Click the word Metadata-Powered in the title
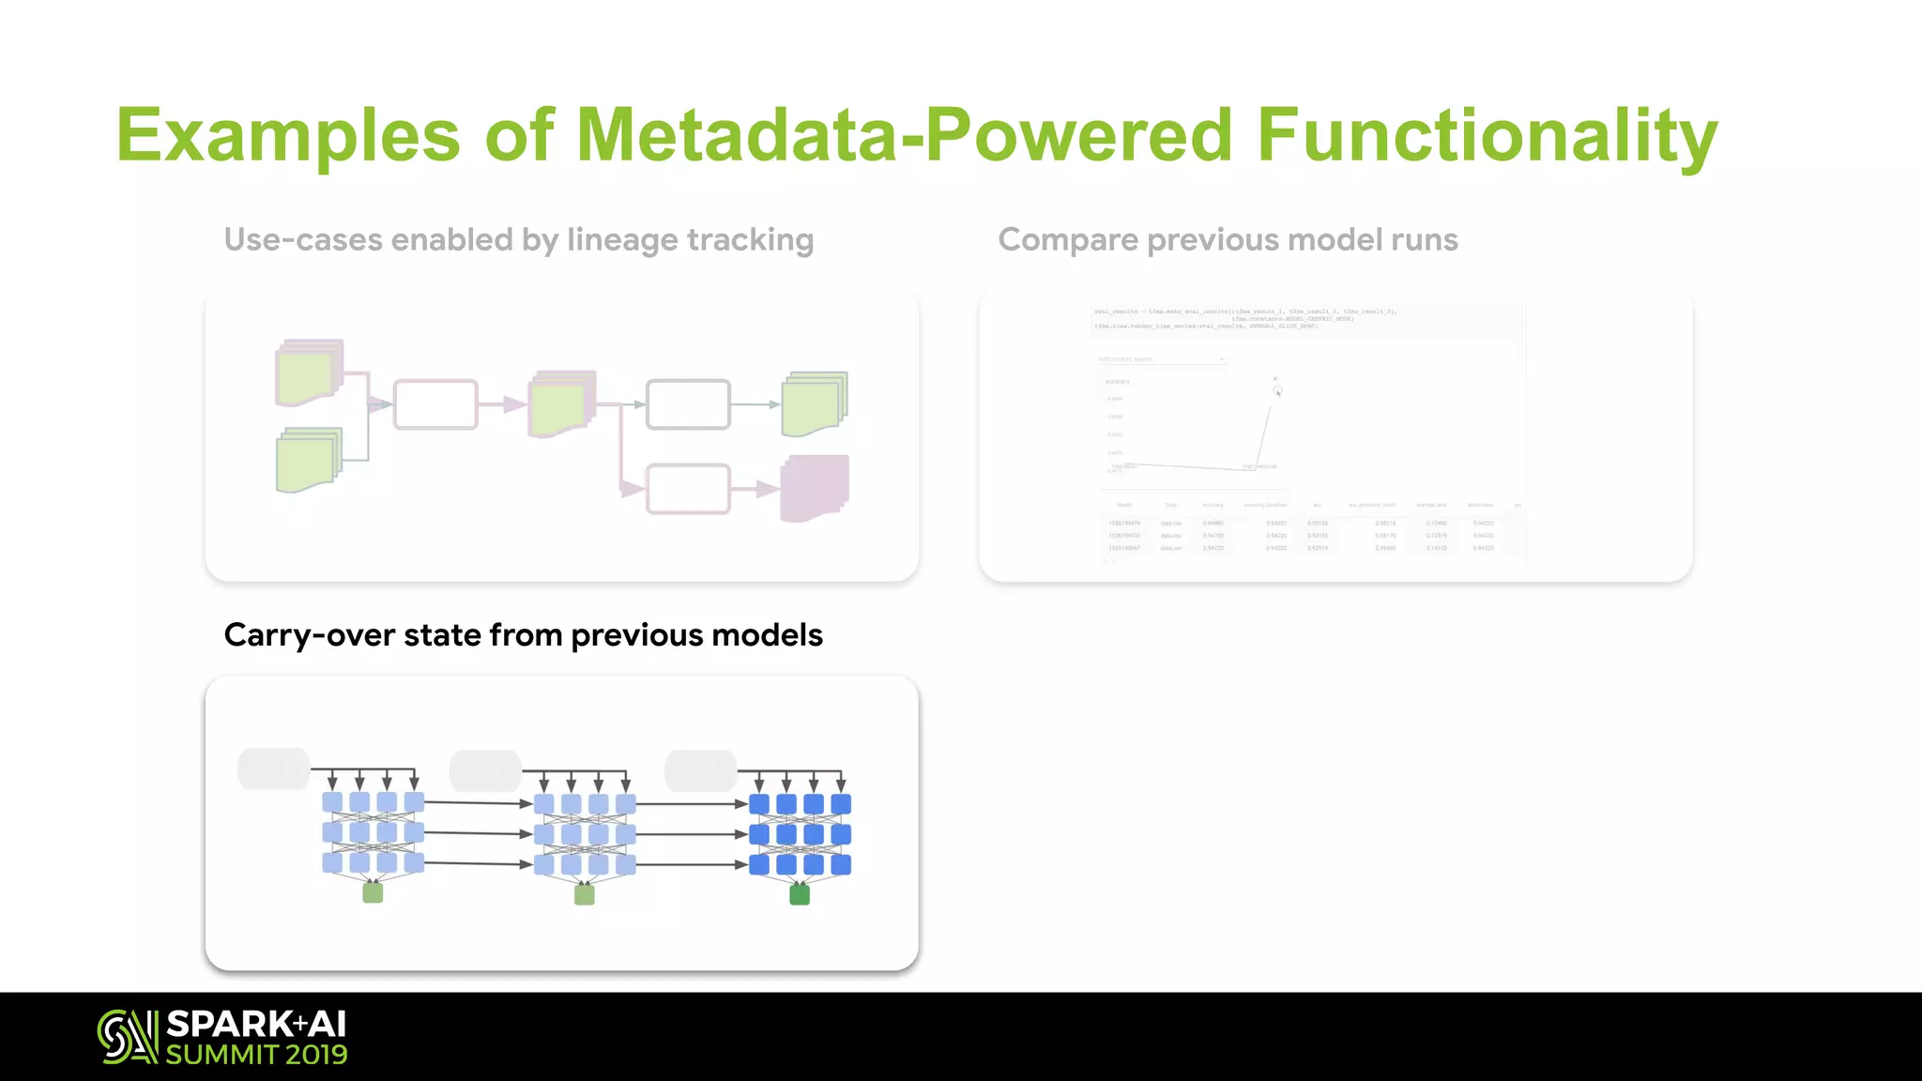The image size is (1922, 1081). (x=903, y=135)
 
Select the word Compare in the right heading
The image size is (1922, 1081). (x=1068, y=240)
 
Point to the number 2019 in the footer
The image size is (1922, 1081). (x=316, y=1055)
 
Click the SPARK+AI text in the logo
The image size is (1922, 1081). (x=256, y=1024)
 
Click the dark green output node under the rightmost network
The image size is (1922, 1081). (x=800, y=895)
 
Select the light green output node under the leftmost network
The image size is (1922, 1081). (x=373, y=892)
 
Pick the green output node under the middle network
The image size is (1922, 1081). (x=585, y=894)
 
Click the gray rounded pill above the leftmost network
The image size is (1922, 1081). (x=273, y=769)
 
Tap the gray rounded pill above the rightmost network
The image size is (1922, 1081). (x=700, y=770)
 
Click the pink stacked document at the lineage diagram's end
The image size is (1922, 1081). (x=815, y=488)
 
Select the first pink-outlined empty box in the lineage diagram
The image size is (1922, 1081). (x=435, y=404)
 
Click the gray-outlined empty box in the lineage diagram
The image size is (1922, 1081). (x=688, y=404)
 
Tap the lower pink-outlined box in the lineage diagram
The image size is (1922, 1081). (x=688, y=489)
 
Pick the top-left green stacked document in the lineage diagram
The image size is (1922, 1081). (x=309, y=373)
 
